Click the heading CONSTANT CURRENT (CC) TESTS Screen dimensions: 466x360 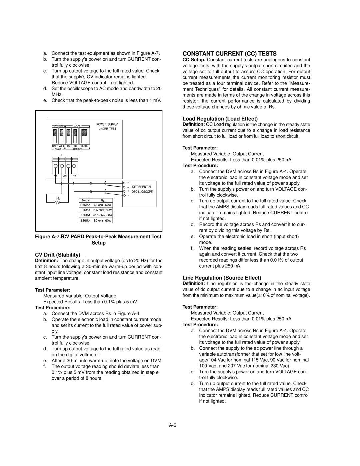point(229,53)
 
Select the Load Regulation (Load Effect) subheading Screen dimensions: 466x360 point(220,119)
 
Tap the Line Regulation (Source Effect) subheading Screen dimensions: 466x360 point(222,278)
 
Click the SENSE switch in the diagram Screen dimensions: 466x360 point(75,136)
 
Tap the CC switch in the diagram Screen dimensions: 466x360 point(68,136)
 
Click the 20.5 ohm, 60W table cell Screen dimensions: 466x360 point(102,215)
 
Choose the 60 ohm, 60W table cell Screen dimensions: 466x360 point(102,221)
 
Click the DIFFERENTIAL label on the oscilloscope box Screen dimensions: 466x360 point(142,187)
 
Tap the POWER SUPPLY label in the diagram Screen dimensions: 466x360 point(107,124)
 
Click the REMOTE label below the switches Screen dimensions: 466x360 point(78,149)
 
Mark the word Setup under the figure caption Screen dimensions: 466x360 point(99,243)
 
